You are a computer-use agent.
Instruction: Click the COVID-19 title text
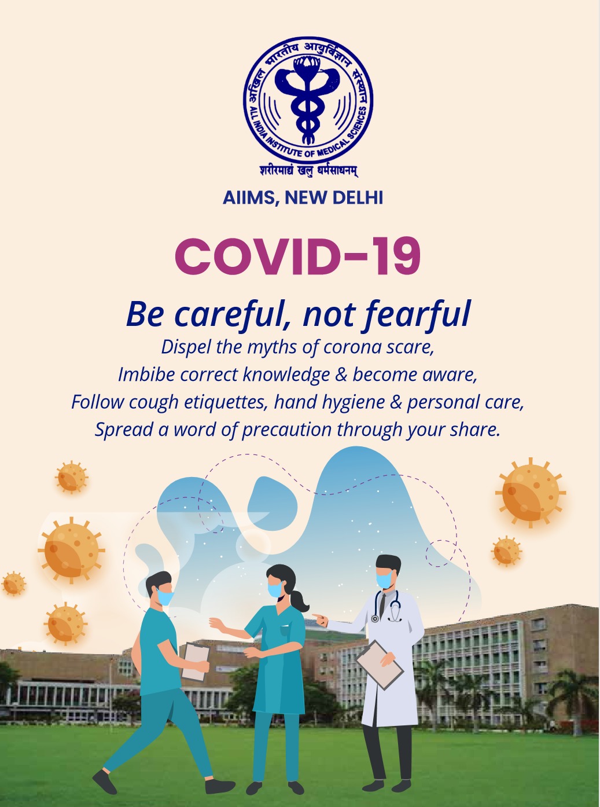point(298,256)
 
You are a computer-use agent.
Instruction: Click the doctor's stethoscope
point(388,607)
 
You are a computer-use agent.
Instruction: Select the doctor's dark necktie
point(381,604)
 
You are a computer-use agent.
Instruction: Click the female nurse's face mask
point(275,589)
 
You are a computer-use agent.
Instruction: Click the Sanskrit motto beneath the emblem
point(308,171)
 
